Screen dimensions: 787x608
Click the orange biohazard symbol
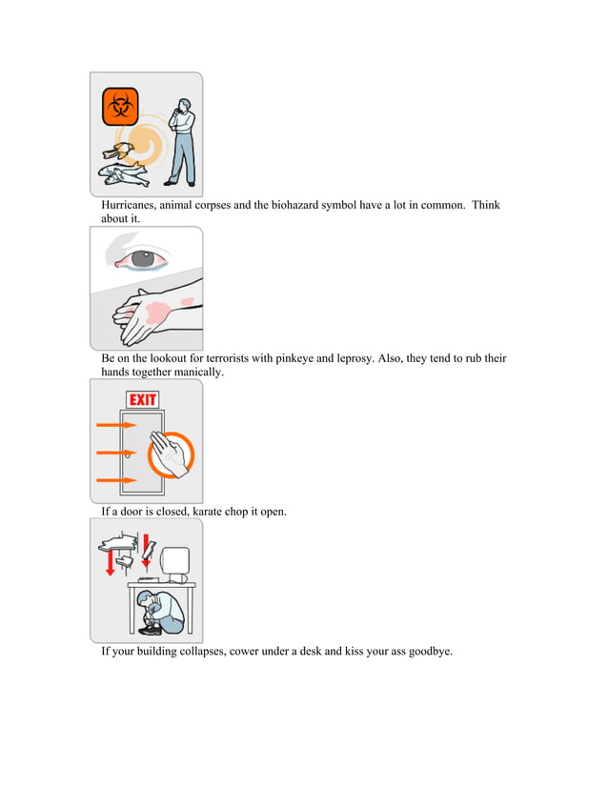120,107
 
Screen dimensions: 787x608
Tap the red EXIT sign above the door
143,399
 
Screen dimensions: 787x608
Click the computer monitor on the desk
176,564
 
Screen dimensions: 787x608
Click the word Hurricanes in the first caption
132,206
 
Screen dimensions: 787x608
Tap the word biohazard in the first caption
297,206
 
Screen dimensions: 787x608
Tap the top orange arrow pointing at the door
116,425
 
